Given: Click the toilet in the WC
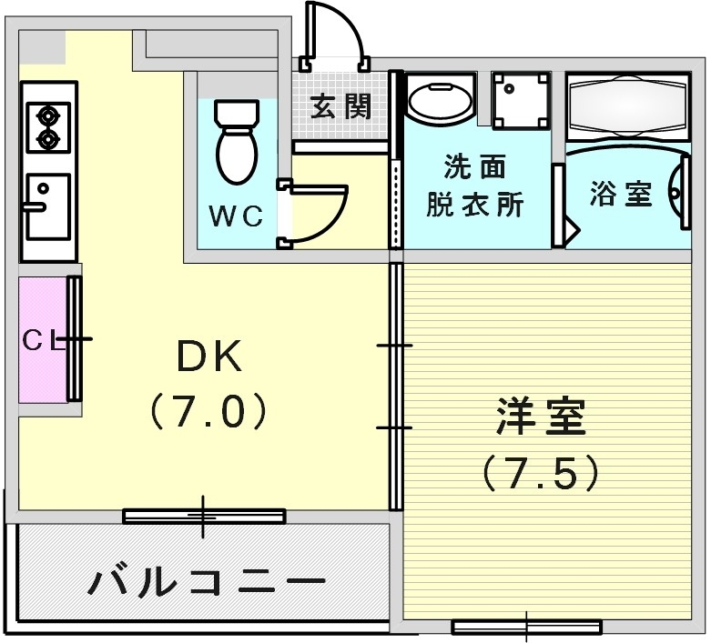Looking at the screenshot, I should (237, 141).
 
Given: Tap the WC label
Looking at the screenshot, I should (236, 216).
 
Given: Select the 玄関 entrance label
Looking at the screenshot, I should (340, 107).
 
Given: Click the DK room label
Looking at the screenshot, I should (208, 357).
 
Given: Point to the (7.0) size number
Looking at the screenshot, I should (208, 412).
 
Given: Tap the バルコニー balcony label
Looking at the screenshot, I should (207, 580).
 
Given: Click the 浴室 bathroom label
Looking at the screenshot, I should (621, 194).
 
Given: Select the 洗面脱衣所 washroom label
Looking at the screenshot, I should (475, 186).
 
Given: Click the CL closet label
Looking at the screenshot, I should (42, 341).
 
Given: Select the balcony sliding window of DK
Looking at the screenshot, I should (204, 516).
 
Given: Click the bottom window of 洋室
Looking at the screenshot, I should (526, 627).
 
